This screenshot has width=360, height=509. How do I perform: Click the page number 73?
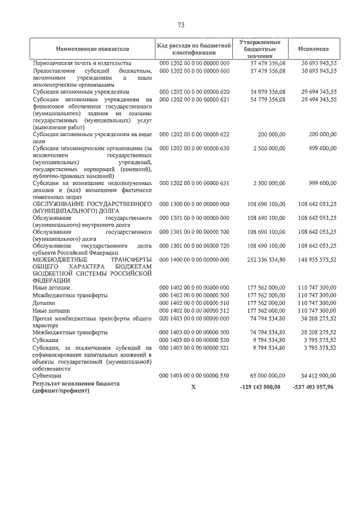click(181, 25)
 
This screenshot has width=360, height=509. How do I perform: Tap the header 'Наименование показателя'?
click(92, 49)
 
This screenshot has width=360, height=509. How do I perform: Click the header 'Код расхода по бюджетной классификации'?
click(195, 49)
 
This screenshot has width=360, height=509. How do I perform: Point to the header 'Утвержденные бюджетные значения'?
click(260, 49)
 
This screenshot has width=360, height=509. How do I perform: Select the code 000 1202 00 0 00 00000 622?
click(195, 134)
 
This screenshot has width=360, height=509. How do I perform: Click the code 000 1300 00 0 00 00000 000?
click(195, 202)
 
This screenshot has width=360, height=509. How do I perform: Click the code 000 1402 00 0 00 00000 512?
click(195, 310)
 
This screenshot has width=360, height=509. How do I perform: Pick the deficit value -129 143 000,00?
click(260, 387)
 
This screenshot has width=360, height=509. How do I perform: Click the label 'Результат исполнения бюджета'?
click(76, 383)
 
